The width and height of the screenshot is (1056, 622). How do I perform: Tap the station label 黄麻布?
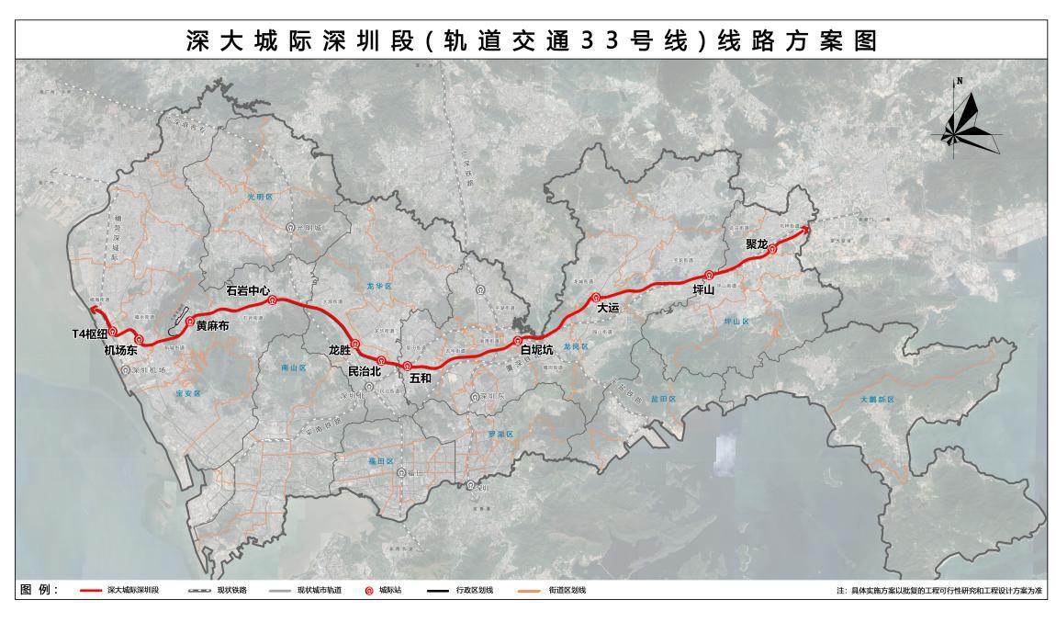[213, 325]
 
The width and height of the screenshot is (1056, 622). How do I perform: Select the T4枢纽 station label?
[91, 334]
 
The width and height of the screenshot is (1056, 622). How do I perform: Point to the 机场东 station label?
[120, 350]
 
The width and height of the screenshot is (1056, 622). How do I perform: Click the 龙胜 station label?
[340, 350]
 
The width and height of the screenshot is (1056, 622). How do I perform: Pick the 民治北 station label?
[365, 372]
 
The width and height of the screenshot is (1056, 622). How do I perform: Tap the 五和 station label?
[420, 378]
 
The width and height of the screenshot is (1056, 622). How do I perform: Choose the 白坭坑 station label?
[536, 350]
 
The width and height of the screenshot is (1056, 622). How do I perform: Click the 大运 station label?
[609, 309]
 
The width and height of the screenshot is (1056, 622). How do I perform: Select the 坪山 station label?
[704, 288]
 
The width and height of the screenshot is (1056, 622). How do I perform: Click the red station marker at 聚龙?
[772, 248]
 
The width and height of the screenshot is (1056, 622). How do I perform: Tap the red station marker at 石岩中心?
[272, 300]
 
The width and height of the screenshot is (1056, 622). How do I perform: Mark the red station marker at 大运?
[596, 297]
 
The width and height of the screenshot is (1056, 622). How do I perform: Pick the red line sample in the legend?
[90, 590]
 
